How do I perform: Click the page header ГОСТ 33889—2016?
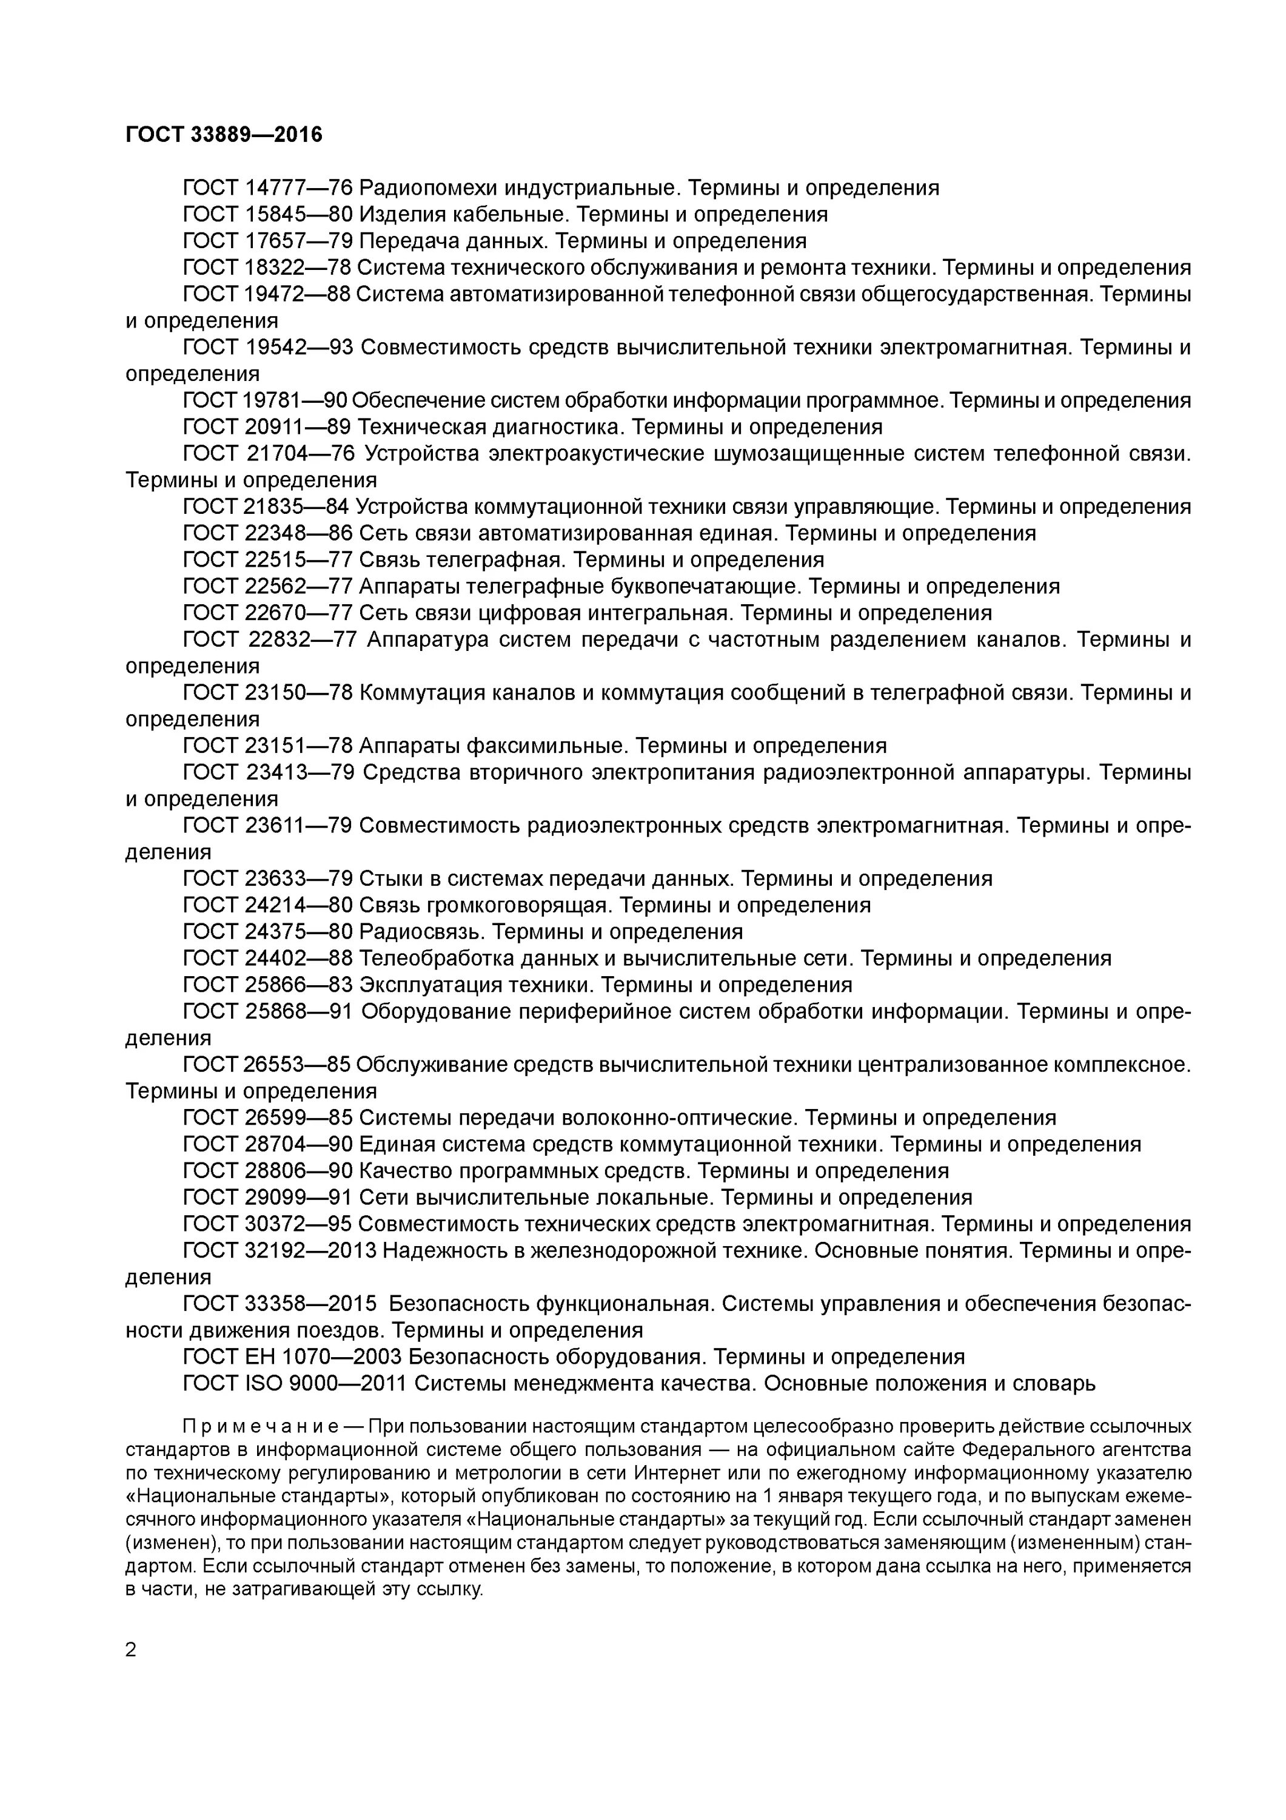(224, 135)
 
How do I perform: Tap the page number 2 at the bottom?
(131, 1650)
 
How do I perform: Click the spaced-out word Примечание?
(261, 1427)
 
